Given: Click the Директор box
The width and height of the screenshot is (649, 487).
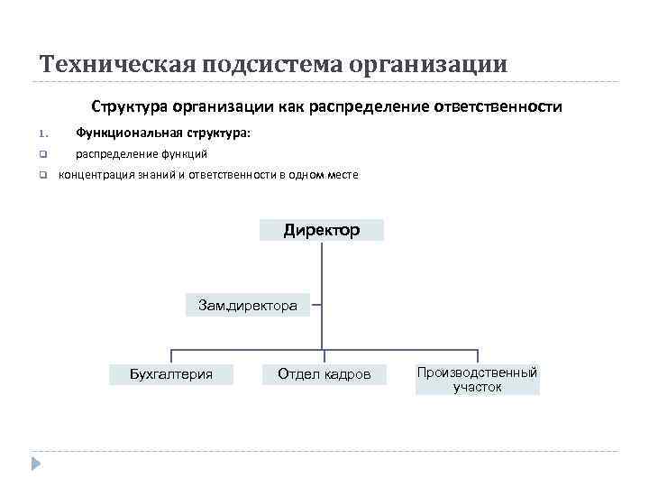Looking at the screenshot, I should click(x=322, y=230).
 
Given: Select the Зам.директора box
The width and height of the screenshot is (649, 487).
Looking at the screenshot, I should click(x=248, y=306).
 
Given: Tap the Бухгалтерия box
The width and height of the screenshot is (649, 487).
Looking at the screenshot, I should click(x=171, y=373).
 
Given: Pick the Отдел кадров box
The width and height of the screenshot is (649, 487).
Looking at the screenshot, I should click(x=324, y=373).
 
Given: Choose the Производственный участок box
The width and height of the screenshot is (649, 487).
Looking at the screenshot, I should click(x=477, y=380).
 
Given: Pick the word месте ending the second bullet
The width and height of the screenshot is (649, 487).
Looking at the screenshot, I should click(x=340, y=175).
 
